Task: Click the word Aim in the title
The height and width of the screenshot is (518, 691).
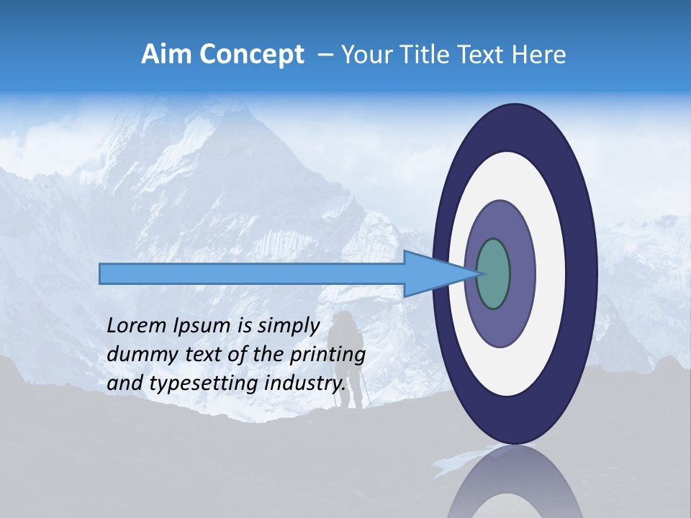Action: (166, 54)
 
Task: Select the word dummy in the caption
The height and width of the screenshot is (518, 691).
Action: (137, 354)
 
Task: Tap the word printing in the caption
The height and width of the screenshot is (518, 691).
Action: (328, 355)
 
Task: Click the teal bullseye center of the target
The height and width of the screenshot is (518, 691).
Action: (494, 274)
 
